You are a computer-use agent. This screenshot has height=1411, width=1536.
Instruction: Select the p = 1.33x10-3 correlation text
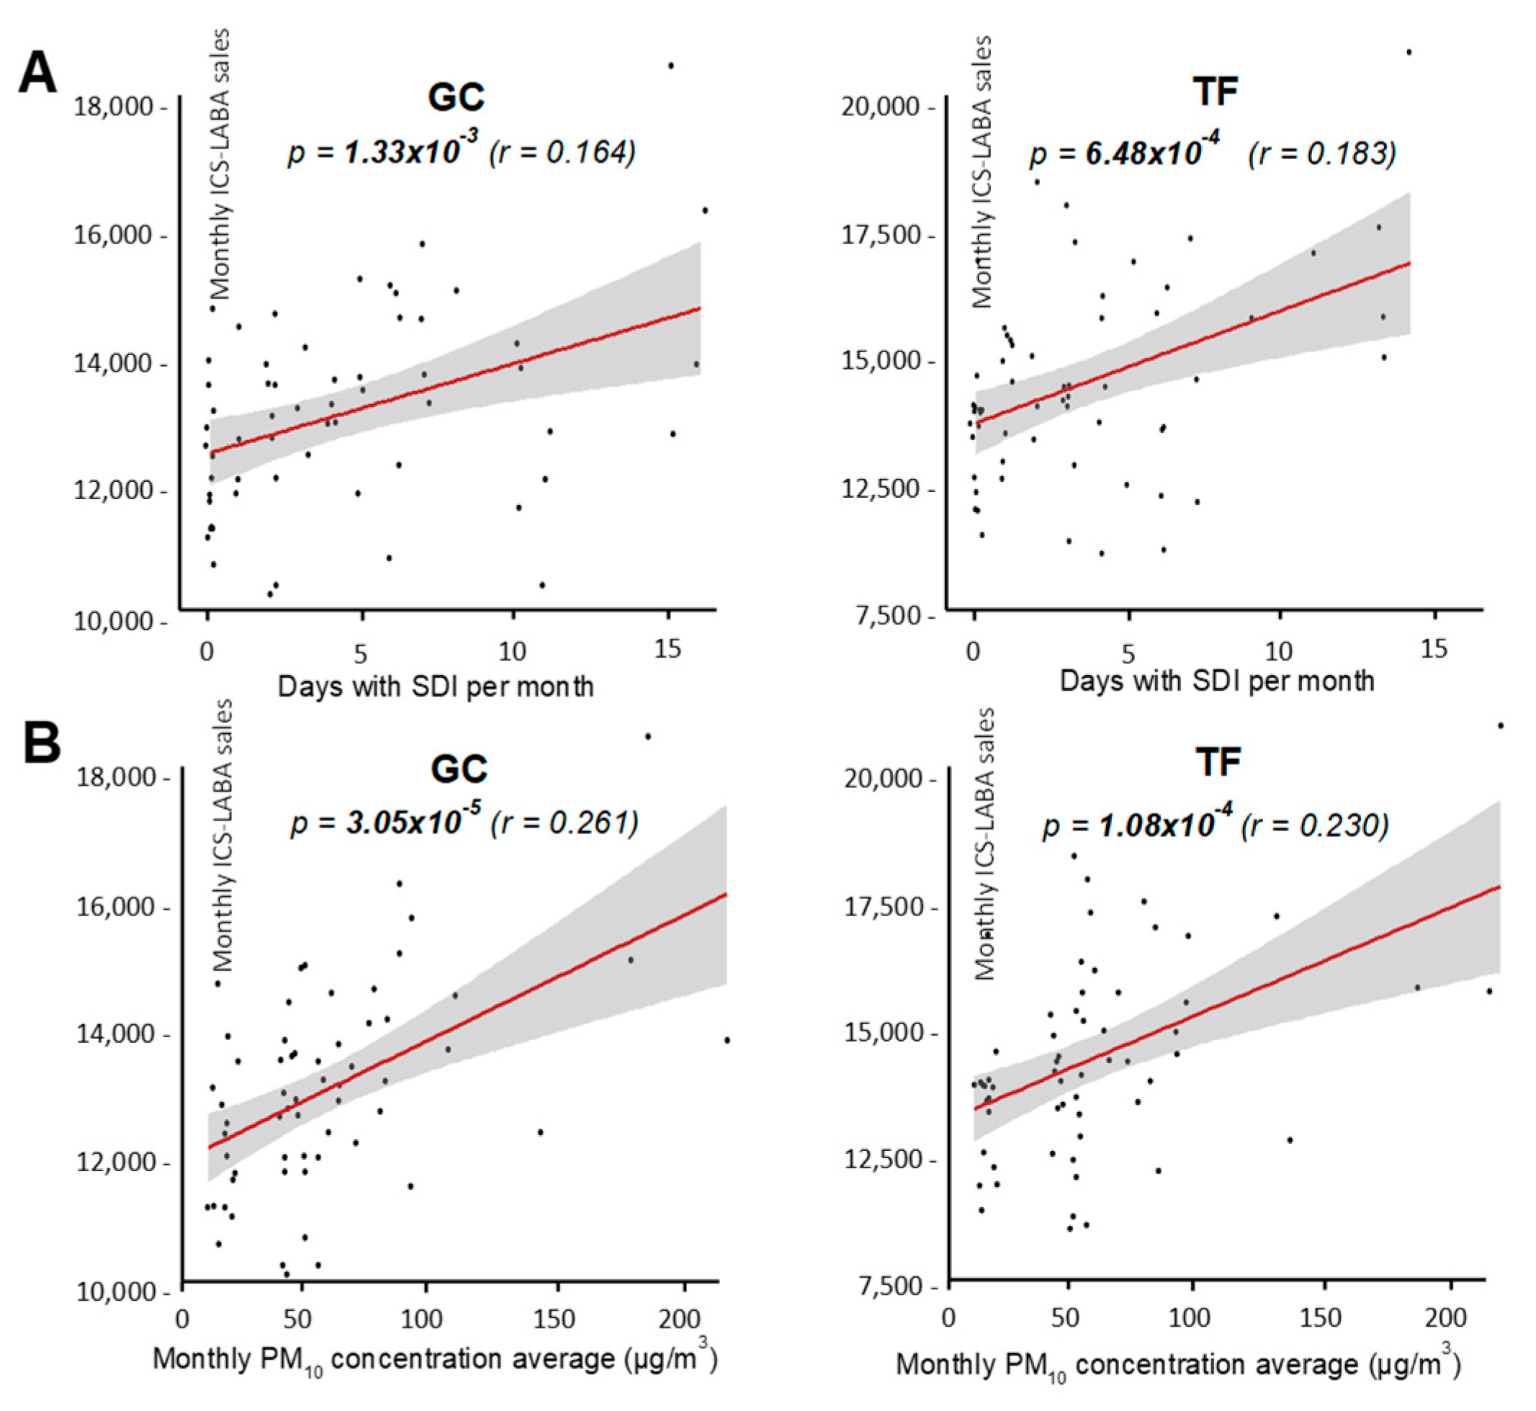point(383,151)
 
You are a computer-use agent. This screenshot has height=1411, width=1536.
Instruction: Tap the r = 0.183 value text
point(1322,153)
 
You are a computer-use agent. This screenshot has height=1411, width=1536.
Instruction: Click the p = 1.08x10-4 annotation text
point(1138,825)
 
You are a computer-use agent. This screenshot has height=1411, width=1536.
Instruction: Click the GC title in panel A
point(457,97)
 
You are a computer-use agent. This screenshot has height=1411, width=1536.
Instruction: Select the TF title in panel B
point(1218,761)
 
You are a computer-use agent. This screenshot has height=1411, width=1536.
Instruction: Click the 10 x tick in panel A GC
point(513,651)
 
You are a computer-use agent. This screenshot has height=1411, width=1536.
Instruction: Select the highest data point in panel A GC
point(670,66)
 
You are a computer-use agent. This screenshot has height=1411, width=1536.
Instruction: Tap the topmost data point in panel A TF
point(1409,53)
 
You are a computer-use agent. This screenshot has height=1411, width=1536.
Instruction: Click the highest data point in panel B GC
point(647,737)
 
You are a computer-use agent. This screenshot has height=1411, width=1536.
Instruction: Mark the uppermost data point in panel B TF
point(1500,725)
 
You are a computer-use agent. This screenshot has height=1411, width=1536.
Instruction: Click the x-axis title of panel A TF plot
point(1216,681)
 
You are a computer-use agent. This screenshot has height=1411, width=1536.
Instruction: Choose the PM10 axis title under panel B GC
point(435,1360)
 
